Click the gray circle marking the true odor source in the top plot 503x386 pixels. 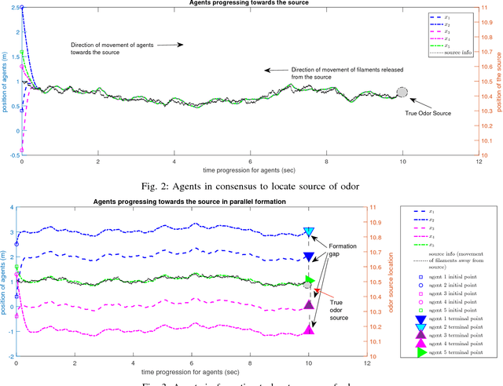(402, 92)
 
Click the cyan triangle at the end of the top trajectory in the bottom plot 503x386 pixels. (309, 231)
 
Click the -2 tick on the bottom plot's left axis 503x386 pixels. (9, 356)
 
